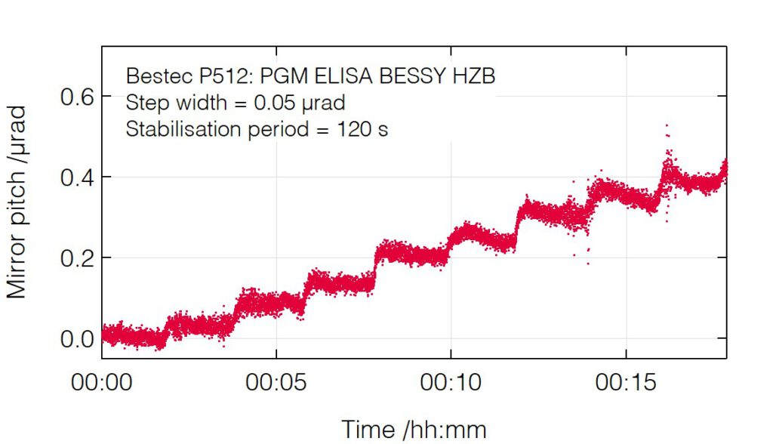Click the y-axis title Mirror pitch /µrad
click(x=17, y=202)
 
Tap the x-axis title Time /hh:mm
click(x=414, y=429)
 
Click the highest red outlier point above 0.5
click(x=667, y=125)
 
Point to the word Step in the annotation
click(x=143, y=103)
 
